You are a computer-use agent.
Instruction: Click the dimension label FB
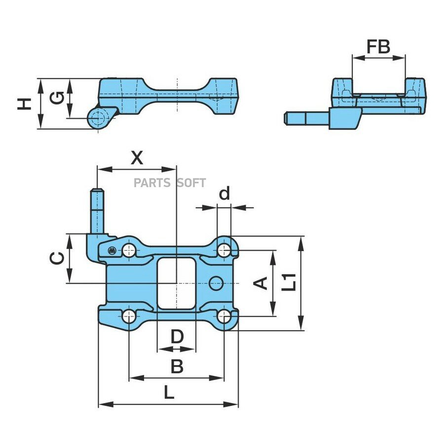(x=378, y=47)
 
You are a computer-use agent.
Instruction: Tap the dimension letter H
(x=24, y=104)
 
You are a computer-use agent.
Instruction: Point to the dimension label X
(x=137, y=158)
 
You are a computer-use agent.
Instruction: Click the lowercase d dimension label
(x=224, y=193)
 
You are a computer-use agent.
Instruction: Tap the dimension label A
(x=260, y=284)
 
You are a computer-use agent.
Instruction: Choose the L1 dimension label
(x=289, y=282)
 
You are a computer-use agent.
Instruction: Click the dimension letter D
(x=177, y=336)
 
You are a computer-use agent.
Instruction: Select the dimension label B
(x=177, y=366)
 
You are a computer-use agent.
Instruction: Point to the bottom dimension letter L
(x=169, y=393)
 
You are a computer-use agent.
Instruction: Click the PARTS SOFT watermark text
(x=170, y=183)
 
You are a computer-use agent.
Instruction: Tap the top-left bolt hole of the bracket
(x=129, y=250)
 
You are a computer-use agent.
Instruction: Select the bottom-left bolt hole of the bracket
(x=129, y=316)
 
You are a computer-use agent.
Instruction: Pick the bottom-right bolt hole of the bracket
(x=224, y=316)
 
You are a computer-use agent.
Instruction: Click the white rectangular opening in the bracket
(x=177, y=283)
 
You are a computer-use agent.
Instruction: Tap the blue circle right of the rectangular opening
(x=217, y=283)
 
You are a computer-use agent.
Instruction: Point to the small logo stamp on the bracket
(x=111, y=250)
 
